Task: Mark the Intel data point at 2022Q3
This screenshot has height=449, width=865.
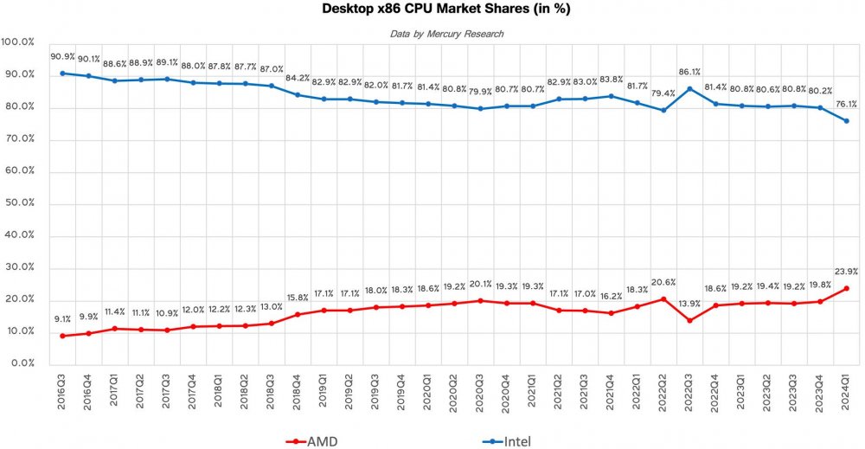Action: pos(689,88)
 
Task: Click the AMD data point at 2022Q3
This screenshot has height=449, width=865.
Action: pos(689,320)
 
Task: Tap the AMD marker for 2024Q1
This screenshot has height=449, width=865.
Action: pos(846,288)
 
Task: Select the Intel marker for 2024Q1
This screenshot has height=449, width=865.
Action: pos(846,121)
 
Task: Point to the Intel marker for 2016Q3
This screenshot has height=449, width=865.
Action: pos(62,73)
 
